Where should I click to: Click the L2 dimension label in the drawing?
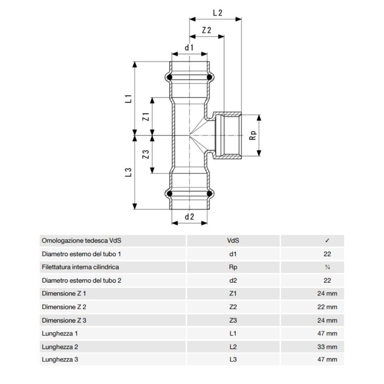(217, 14)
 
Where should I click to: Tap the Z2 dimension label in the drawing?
(207, 30)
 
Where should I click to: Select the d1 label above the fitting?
(189, 47)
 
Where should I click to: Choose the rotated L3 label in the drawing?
(128, 172)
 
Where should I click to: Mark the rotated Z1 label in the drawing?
(145, 116)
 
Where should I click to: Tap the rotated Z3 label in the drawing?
(145, 154)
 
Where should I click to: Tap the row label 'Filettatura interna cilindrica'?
(80, 267)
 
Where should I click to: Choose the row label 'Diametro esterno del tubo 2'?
(81, 281)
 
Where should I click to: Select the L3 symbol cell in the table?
(233, 360)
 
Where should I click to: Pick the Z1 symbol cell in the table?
(233, 294)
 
